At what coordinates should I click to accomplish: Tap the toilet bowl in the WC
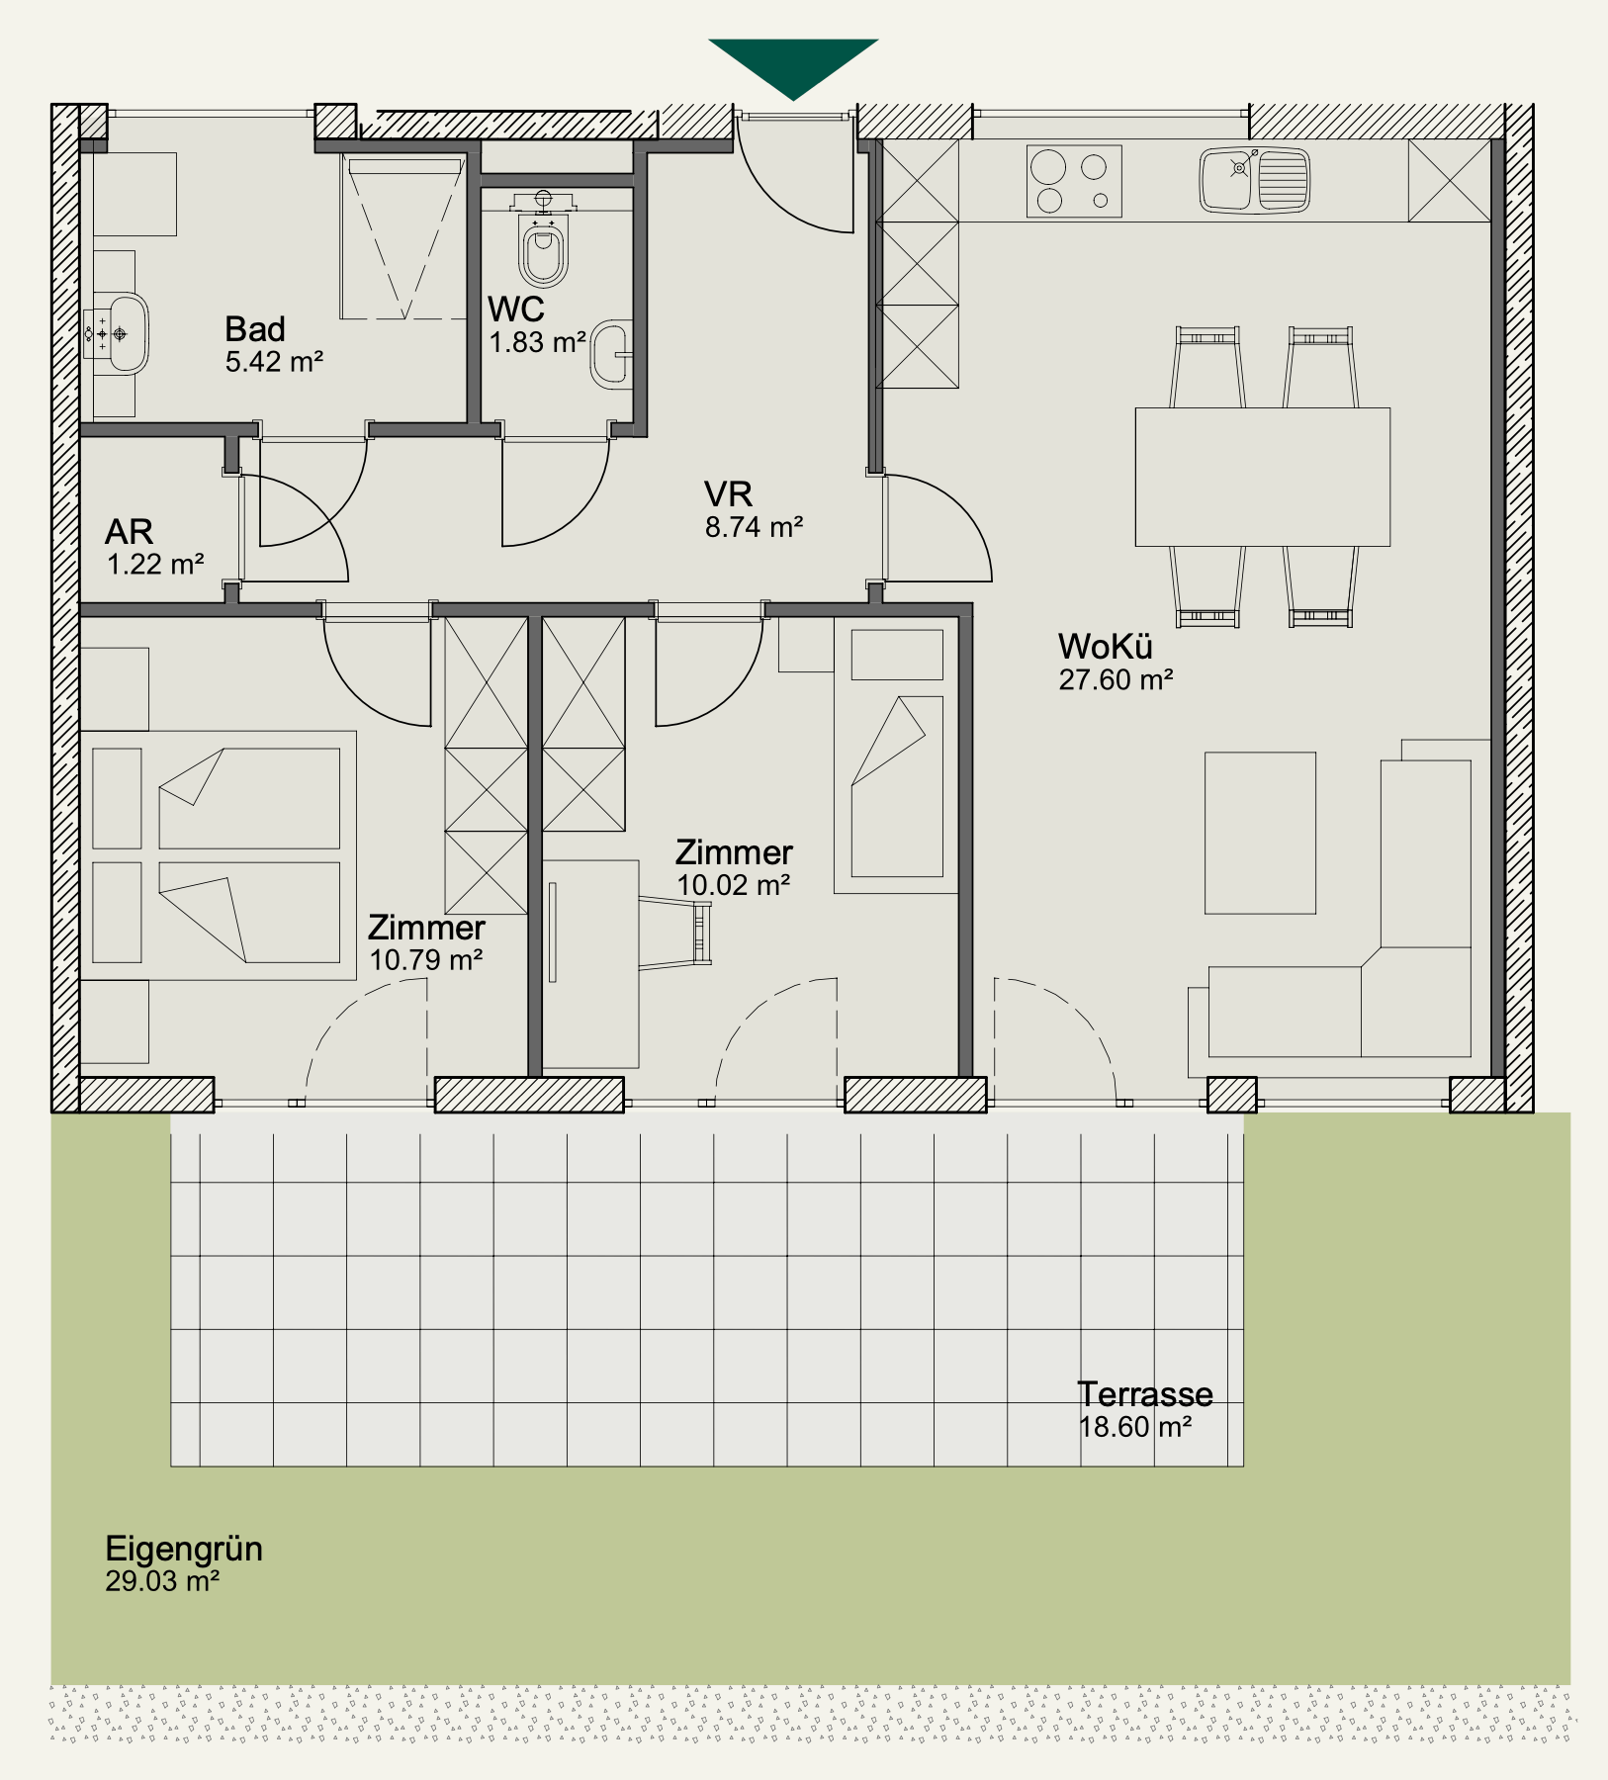click(x=543, y=252)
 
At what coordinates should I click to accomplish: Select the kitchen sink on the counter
click(x=1255, y=180)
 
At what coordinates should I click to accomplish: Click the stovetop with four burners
click(x=1074, y=181)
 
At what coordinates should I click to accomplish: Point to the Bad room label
click(x=255, y=328)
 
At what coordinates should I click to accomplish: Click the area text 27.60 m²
click(x=1116, y=680)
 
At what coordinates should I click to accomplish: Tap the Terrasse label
click(x=1145, y=1394)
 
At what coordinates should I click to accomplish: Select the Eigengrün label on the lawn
click(x=184, y=1549)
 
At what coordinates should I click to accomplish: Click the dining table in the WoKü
click(x=1263, y=477)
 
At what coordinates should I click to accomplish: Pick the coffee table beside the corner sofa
click(x=1260, y=833)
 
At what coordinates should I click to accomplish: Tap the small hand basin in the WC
click(x=612, y=353)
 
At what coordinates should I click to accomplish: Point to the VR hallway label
click(x=729, y=493)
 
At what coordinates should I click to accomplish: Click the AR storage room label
click(x=130, y=532)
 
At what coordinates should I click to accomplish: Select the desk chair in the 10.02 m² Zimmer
click(x=675, y=932)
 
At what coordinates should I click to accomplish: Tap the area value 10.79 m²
click(x=425, y=960)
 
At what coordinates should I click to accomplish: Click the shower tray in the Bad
click(x=403, y=236)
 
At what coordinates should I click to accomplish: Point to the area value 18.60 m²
click(x=1135, y=1428)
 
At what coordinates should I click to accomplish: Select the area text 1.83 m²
click(x=537, y=342)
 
